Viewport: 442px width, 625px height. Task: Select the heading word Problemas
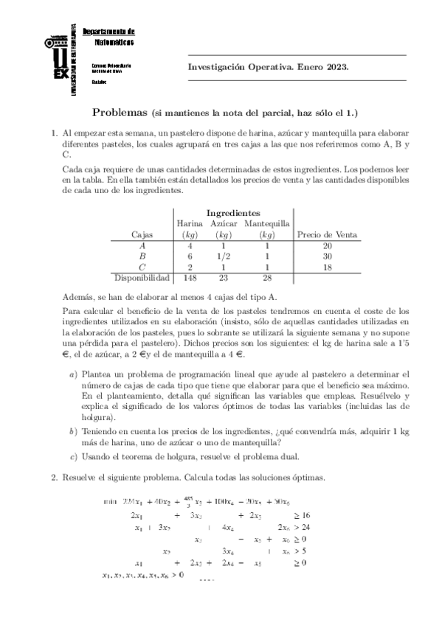click(120, 113)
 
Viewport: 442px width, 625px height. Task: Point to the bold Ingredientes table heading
click(232, 212)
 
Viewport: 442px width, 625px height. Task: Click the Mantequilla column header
click(266, 223)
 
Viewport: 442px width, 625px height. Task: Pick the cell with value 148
click(190, 278)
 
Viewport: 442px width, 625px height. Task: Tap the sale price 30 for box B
click(327, 256)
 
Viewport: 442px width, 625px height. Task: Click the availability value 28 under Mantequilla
click(266, 278)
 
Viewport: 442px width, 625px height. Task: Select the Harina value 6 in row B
click(190, 256)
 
